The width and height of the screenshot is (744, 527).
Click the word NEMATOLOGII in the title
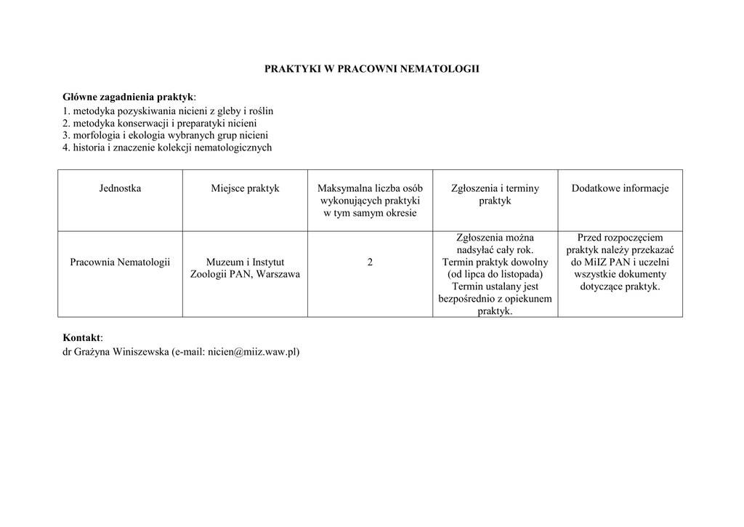445,69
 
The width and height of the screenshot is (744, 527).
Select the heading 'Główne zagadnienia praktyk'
129,97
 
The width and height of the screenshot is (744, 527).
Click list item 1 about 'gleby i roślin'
168,111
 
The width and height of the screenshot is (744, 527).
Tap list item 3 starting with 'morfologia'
165,135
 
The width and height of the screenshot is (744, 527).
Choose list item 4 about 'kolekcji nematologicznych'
167,148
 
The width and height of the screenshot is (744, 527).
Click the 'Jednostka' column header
120,188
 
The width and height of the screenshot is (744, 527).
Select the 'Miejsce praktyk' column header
245,188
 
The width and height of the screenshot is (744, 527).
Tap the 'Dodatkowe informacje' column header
620,188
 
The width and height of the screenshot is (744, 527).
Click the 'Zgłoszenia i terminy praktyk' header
495,194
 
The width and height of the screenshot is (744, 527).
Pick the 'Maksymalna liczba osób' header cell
370,188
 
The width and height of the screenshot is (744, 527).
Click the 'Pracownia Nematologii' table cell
120,262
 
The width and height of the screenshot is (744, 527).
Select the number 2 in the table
370,262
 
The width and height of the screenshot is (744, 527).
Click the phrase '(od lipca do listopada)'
495,274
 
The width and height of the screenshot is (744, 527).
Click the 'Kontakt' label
82,338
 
